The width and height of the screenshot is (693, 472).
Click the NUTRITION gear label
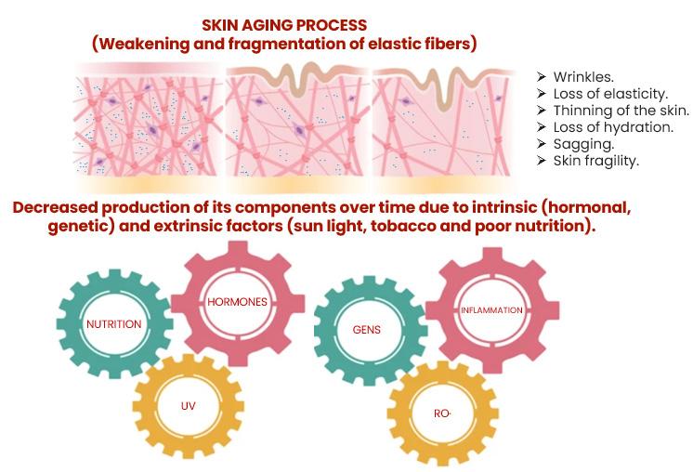click(x=113, y=324)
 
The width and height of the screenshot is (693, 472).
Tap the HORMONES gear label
click(x=237, y=302)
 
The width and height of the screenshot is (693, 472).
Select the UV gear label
click(x=189, y=405)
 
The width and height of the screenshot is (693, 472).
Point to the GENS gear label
click(x=367, y=329)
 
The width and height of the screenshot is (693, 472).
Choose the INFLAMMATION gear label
click(x=491, y=309)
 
